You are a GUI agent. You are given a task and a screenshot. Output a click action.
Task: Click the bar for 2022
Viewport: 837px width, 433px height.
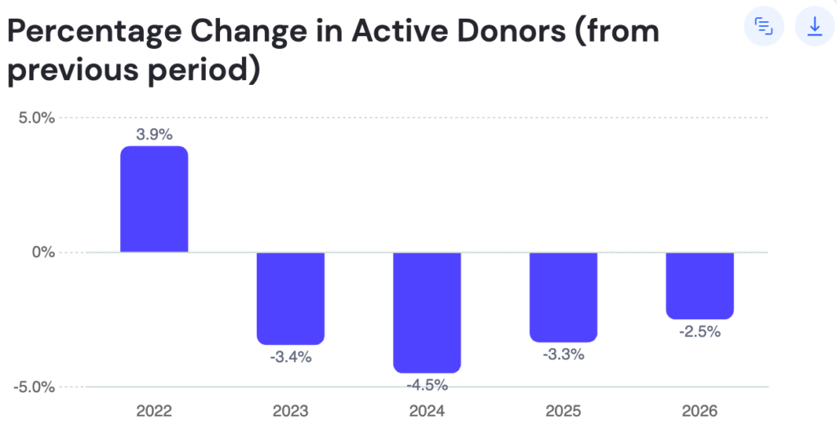tap(154, 199)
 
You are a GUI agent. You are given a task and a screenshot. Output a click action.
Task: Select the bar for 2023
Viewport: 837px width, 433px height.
tap(290, 298)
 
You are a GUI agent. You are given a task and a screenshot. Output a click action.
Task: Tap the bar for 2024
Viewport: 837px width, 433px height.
tap(427, 312)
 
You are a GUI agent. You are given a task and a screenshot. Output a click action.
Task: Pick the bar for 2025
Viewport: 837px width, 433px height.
tap(563, 297)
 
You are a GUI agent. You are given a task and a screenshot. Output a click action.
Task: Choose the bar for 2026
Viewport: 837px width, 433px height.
tap(700, 285)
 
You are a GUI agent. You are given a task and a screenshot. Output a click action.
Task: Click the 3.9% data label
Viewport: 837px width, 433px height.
tap(154, 134)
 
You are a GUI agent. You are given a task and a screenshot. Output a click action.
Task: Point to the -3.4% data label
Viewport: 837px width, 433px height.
tap(290, 357)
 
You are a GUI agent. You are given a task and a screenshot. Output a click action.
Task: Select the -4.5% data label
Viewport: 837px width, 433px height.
tap(427, 385)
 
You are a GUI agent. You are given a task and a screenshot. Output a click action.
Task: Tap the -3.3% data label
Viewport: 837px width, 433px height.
tap(563, 355)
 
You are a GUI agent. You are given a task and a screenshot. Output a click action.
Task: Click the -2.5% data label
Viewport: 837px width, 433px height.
tap(700, 332)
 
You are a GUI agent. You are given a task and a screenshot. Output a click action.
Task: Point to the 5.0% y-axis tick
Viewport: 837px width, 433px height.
tap(36, 118)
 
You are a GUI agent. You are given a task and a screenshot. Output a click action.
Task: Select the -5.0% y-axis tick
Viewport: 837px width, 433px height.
tap(34, 387)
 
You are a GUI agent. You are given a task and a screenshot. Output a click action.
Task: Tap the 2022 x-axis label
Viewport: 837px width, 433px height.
tap(154, 411)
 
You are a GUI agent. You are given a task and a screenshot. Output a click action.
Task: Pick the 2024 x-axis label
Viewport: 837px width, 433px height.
tap(427, 411)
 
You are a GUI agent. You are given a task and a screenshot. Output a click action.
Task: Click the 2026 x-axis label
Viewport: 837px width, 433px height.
tap(700, 411)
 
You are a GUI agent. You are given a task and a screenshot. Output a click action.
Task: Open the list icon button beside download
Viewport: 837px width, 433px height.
tap(763, 26)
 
